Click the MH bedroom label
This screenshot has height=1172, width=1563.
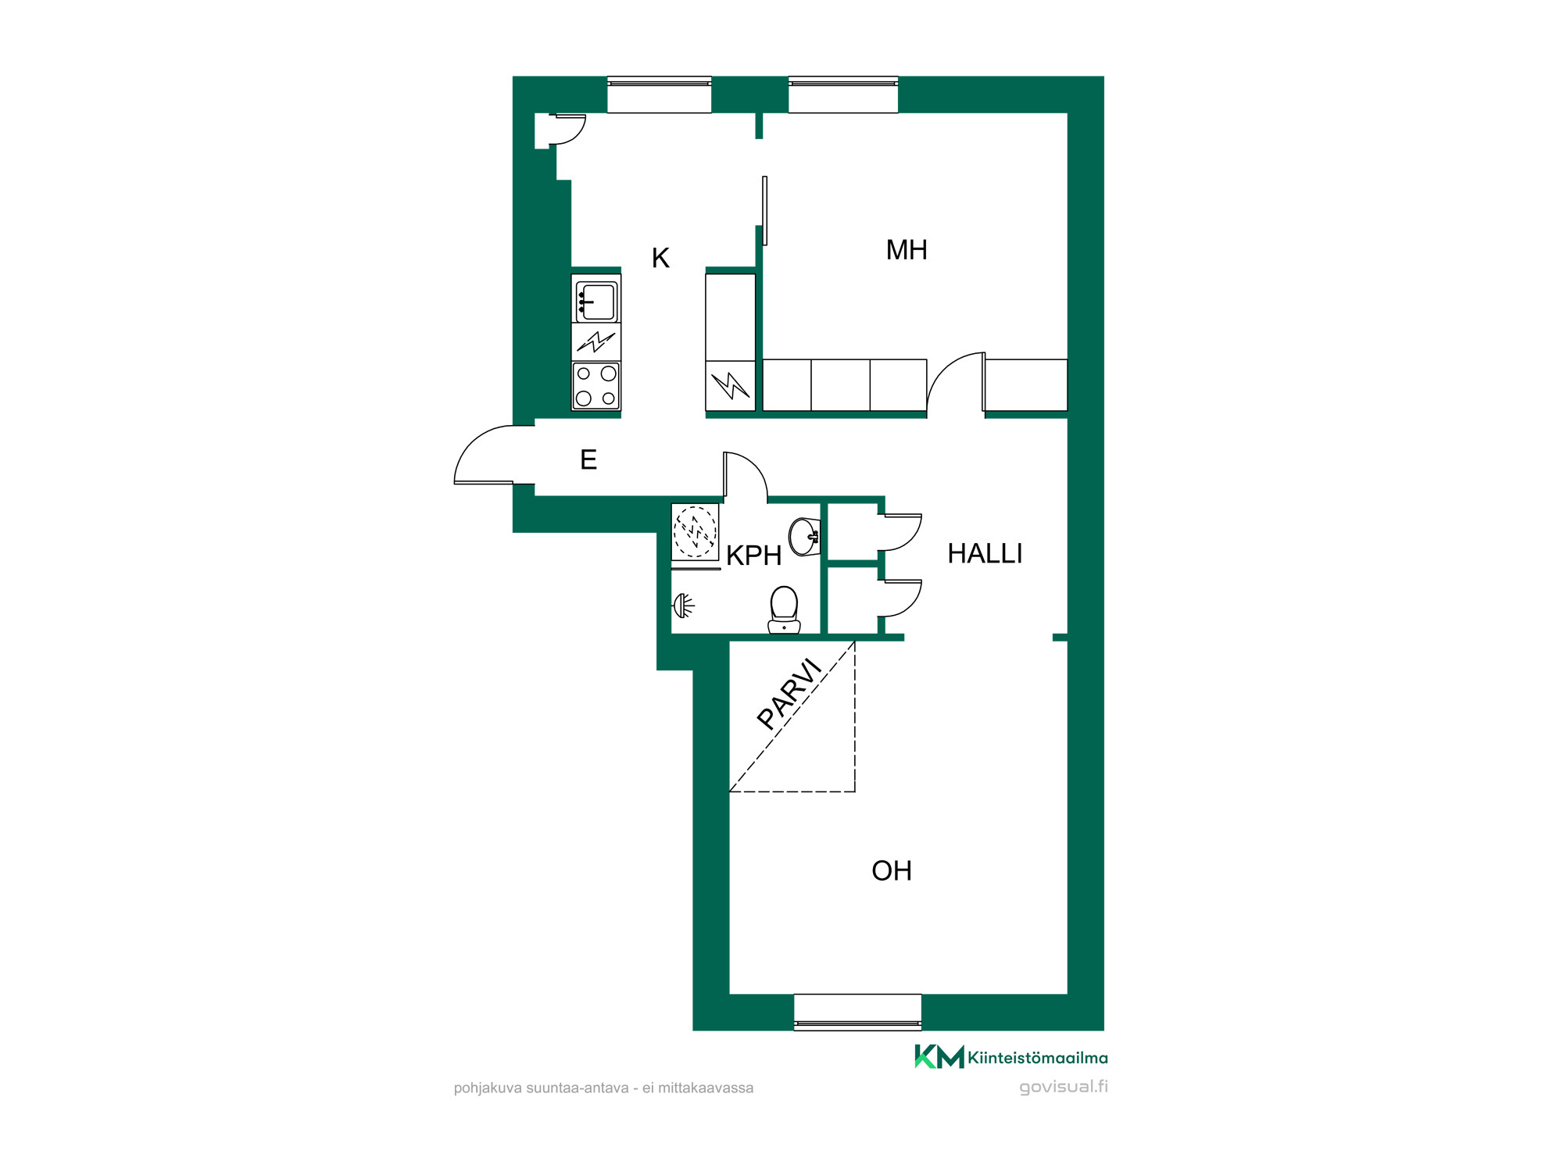tap(907, 250)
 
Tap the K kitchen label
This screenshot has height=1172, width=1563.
tap(660, 258)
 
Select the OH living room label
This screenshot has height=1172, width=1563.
tap(892, 870)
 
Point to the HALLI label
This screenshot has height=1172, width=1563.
tap(985, 553)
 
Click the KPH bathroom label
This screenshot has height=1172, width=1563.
tap(753, 556)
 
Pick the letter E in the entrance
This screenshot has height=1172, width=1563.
tap(588, 459)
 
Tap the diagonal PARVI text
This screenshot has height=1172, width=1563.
tap(790, 694)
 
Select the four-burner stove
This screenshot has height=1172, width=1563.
tap(596, 386)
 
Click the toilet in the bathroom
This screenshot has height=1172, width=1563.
tap(784, 609)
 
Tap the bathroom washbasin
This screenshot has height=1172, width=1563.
tap(805, 537)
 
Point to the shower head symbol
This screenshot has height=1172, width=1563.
tap(684, 606)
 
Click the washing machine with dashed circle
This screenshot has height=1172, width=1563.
tap(695, 531)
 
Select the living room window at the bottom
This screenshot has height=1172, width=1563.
tap(857, 1013)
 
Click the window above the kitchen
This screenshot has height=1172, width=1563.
tap(659, 95)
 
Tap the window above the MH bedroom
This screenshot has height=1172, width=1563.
tap(843, 95)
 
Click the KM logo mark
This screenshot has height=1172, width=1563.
tap(939, 1056)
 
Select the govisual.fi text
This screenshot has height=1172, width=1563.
tap(1064, 1087)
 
